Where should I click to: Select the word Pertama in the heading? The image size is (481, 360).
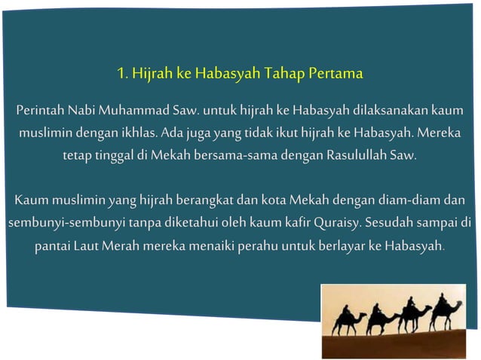point(335,75)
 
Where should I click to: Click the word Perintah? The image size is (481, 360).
point(39,113)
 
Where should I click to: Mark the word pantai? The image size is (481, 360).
point(52,246)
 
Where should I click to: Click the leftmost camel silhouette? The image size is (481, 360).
point(348,322)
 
